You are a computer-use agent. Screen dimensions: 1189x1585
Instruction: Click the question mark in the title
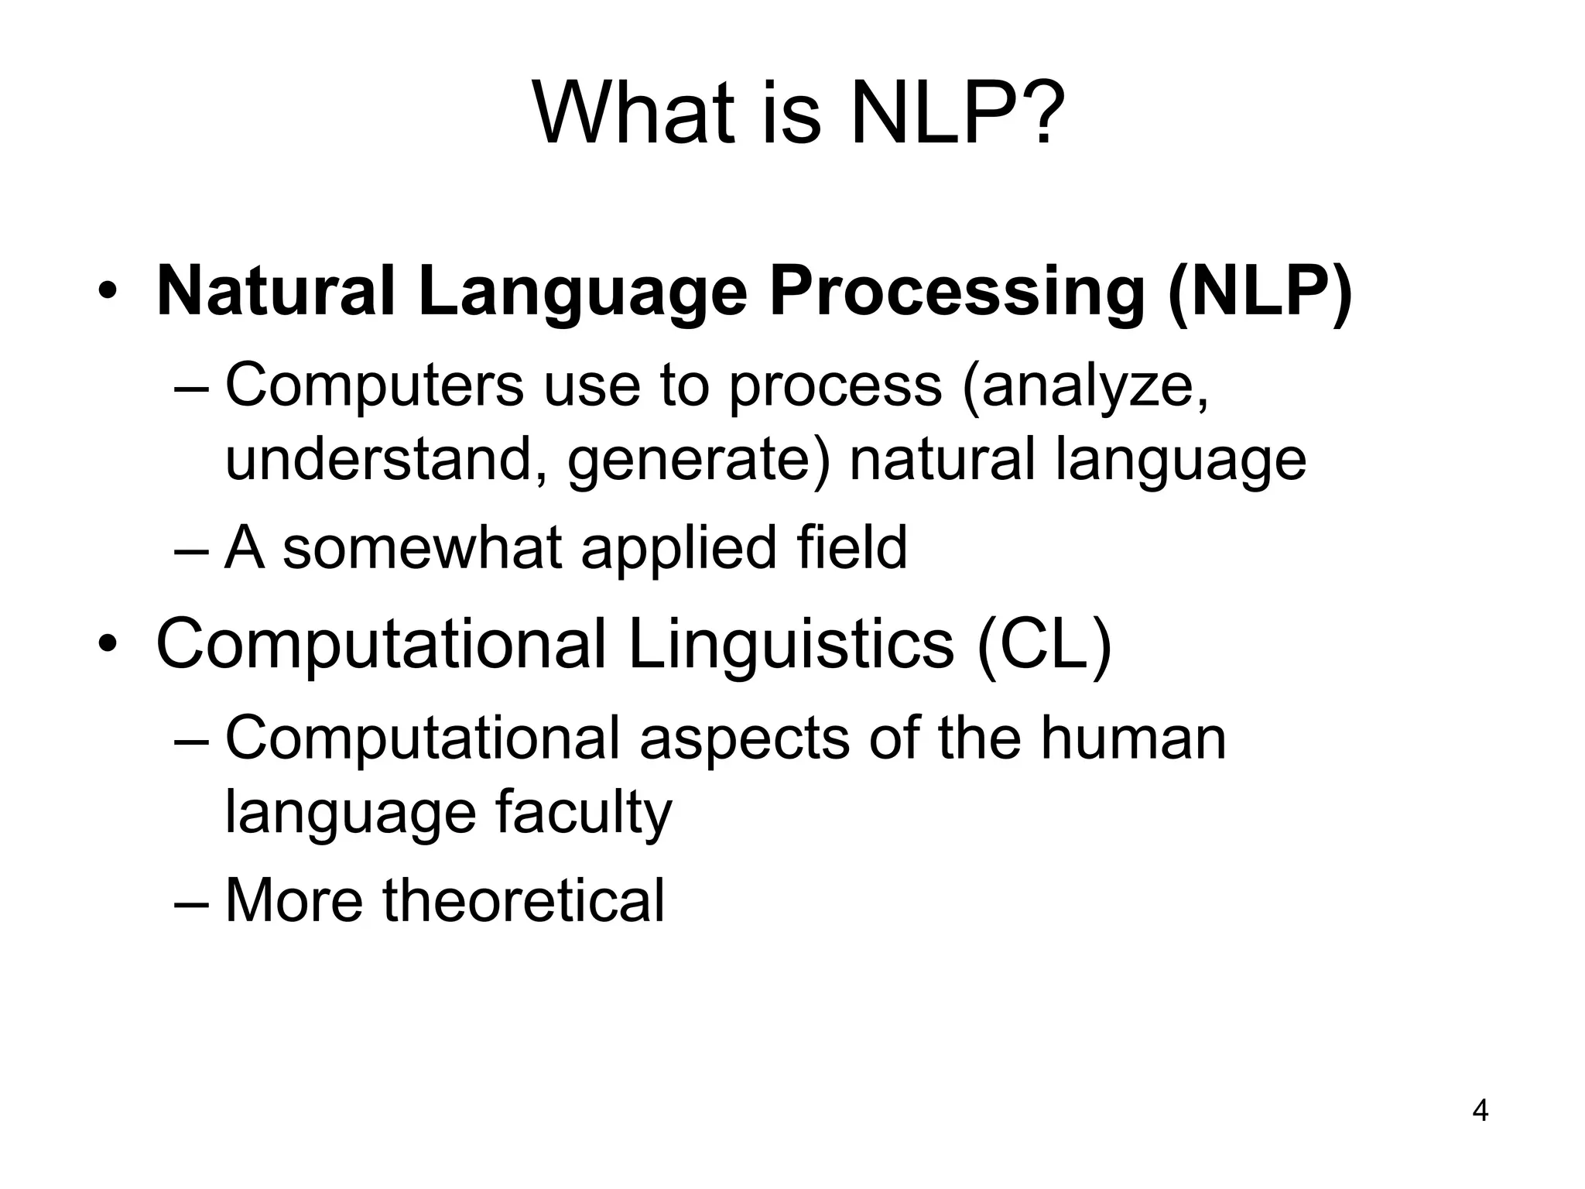(x=1035, y=115)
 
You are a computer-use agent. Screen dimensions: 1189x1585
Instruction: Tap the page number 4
(x=1480, y=1112)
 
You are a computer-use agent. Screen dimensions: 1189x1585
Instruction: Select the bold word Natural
(x=276, y=293)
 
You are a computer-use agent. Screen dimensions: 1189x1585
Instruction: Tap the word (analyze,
(x=1085, y=387)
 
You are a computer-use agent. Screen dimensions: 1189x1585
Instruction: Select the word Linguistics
(x=791, y=646)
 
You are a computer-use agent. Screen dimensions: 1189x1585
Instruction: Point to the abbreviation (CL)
(x=1044, y=646)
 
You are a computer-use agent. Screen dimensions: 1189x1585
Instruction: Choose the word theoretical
(x=524, y=899)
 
